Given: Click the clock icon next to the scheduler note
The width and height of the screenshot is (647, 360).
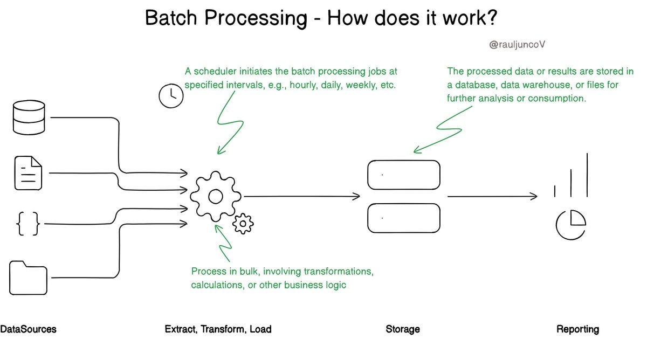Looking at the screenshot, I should [x=171, y=95].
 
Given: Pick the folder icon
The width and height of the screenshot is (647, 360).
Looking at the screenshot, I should [x=29, y=277].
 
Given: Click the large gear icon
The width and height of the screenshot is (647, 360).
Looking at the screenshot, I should [x=215, y=197].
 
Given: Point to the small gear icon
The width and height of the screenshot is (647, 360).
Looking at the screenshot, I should [x=243, y=222].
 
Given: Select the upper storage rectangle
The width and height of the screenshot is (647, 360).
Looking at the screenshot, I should [x=403, y=175].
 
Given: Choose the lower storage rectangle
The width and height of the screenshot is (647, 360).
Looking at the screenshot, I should [x=403, y=218].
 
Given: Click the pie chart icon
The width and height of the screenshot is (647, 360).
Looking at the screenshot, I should [x=570, y=224].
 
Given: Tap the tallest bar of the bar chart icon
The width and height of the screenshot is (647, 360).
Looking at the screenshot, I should [x=586, y=175].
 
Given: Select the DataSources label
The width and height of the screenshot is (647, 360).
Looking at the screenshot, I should [x=28, y=329].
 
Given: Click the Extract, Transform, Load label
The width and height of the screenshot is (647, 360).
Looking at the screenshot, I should [x=218, y=329].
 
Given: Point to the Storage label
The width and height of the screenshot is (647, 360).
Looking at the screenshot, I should [x=402, y=329].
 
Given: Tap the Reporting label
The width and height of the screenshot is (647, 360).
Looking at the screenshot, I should [x=577, y=329].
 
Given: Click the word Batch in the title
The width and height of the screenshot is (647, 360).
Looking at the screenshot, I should [x=172, y=18].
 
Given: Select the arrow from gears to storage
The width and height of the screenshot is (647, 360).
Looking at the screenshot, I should [x=302, y=196].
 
